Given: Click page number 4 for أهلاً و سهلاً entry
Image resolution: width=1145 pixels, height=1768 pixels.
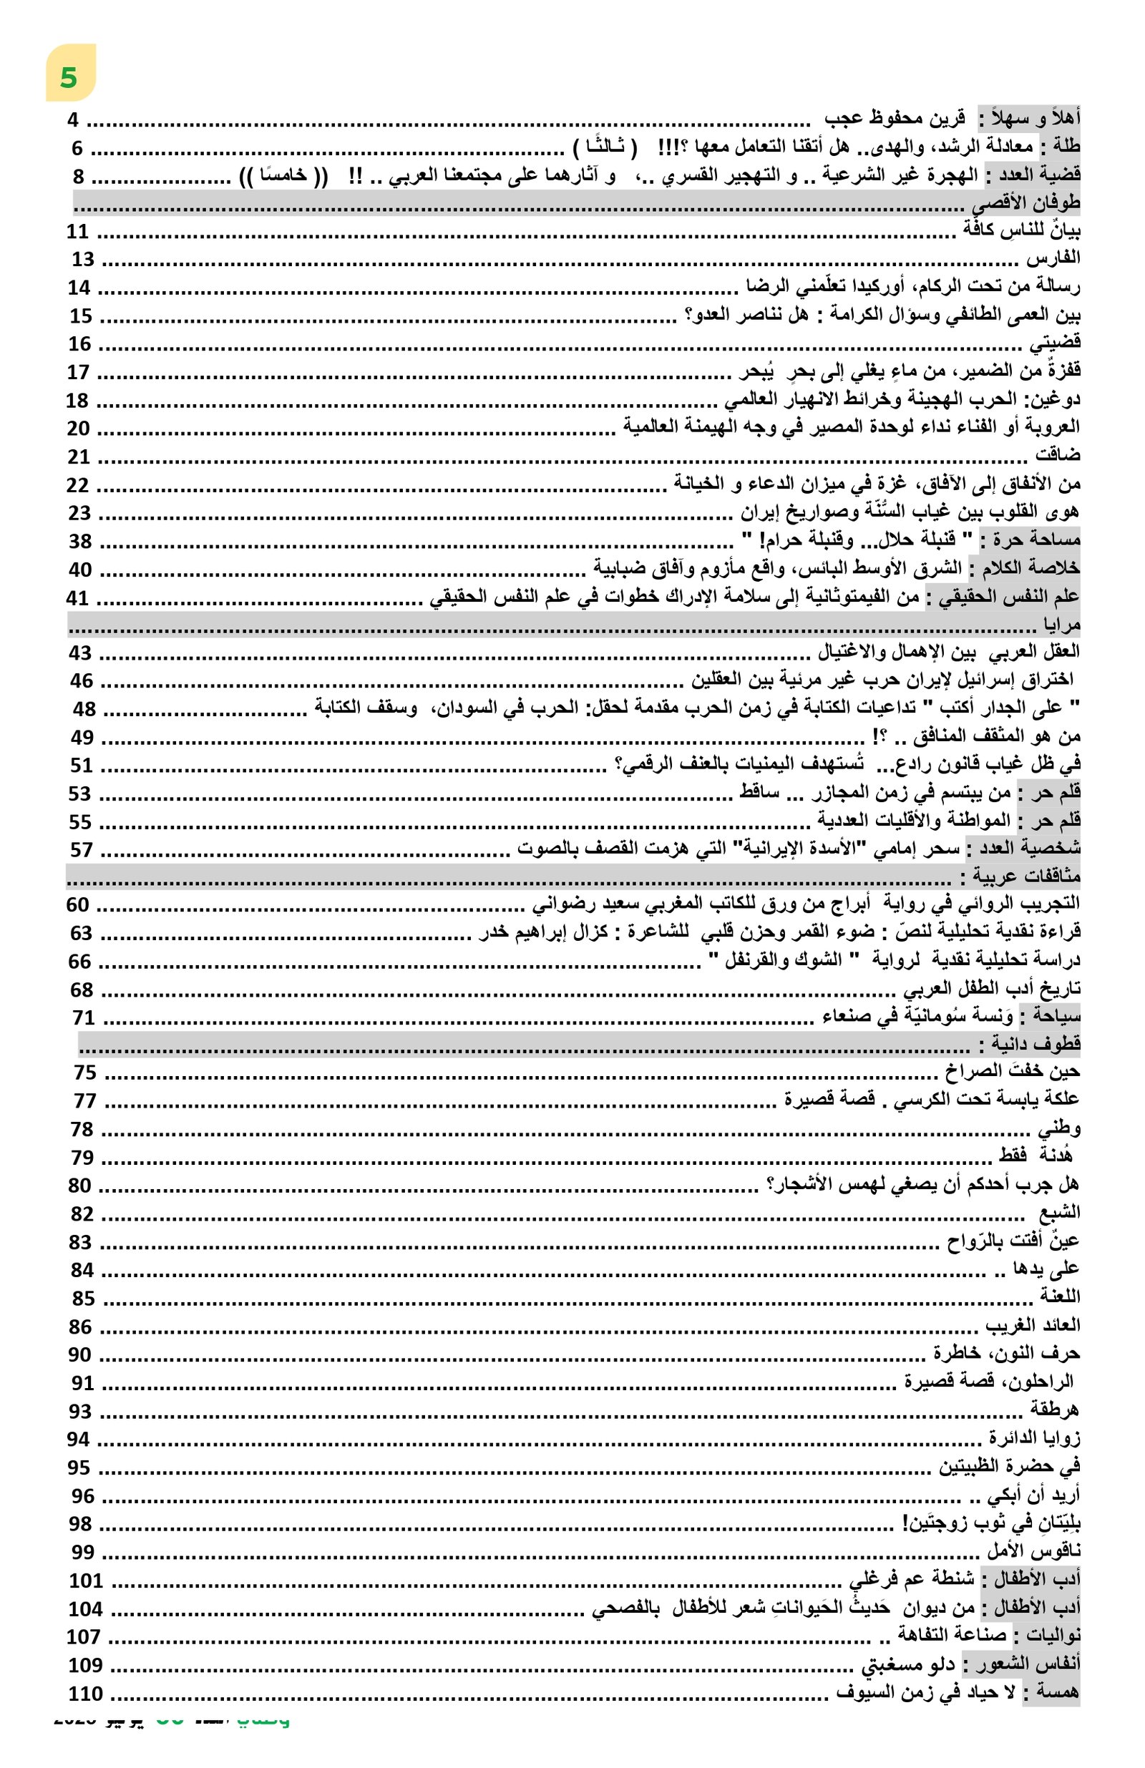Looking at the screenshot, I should (x=73, y=119).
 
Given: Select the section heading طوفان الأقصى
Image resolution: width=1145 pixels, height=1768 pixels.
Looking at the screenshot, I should (x=1028, y=202).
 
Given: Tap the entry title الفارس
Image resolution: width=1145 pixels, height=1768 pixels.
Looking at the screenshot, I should (x=1053, y=258).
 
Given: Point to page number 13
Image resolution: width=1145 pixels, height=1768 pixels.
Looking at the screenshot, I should (x=83, y=259).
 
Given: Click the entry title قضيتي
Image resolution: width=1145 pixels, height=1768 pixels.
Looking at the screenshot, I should (x=1054, y=343).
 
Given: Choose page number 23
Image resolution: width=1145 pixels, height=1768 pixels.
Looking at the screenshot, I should (x=79, y=513).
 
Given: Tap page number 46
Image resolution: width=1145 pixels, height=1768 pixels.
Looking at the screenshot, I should (x=82, y=681).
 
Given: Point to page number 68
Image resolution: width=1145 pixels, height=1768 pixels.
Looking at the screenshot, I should (x=82, y=990).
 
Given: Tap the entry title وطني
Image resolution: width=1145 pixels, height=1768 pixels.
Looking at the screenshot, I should (x=1059, y=1129).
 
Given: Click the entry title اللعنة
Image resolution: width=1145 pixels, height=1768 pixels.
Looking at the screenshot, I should (x=1059, y=1297).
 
